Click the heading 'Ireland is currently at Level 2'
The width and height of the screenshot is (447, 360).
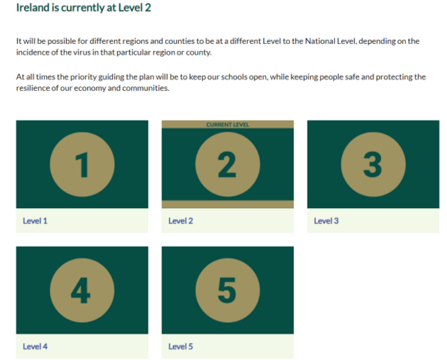click(x=83, y=8)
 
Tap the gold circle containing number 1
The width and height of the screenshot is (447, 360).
click(x=82, y=164)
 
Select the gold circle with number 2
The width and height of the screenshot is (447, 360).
click(x=228, y=164)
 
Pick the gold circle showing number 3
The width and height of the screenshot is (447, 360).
click(x=373, y=164)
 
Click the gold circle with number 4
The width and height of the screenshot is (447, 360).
click(x=82, y=290)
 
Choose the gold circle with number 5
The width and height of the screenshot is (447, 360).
click(x=228, y=290)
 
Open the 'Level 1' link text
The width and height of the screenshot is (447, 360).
click(x=35, y=221)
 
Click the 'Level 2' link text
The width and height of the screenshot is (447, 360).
click(x=181, y=221)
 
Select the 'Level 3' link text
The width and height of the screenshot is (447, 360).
click(x=326, y=221)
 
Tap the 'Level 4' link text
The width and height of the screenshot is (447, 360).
click(x=35, y=346)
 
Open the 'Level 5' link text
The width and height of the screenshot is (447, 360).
click(x=181, y=346)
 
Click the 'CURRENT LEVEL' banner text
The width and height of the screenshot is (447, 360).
click(x=228, y=125)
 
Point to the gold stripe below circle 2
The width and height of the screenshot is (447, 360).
click(x=228, y=204)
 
